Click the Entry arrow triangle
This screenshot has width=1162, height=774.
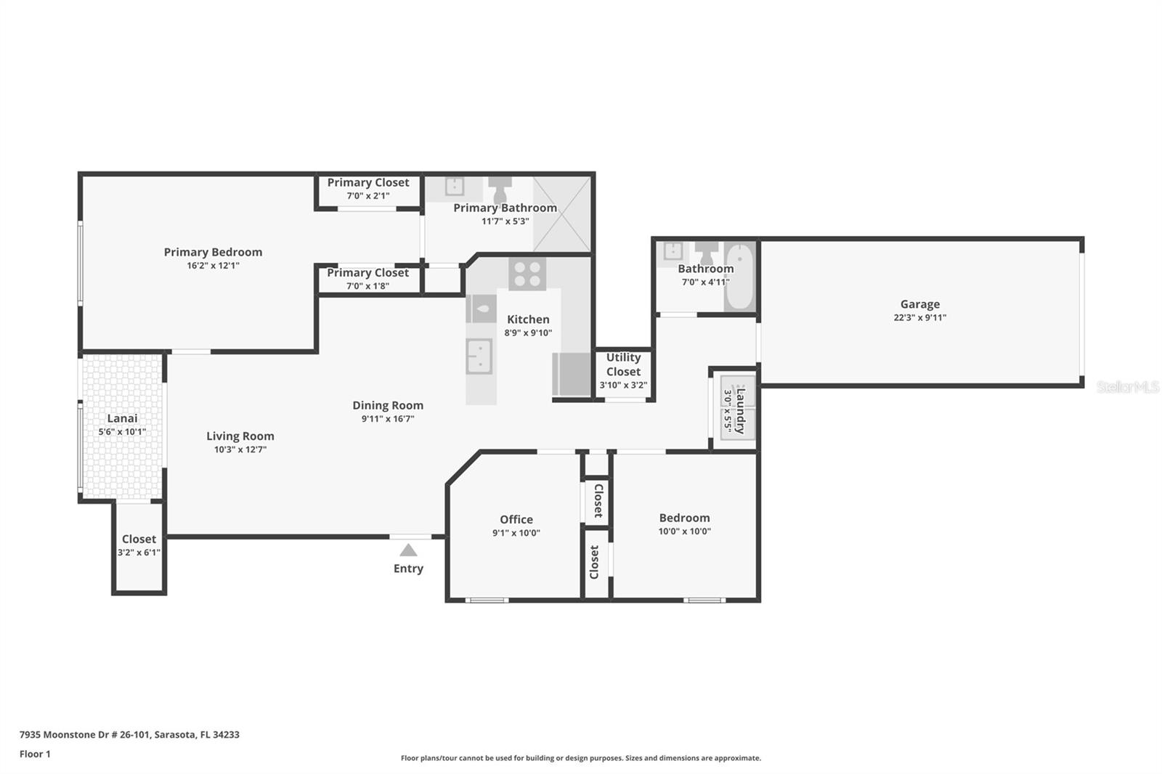[x=408, y=550]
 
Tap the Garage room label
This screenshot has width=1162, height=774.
[x=919, y=304]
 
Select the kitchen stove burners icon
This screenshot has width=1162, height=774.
[x=527, y=274]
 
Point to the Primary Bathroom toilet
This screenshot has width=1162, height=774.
[x=500, y=190]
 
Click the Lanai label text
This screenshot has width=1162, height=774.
[x=122, y=418]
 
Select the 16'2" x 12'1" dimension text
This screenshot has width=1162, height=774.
[x=213, y=266]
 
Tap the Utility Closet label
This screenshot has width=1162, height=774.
[x=623, y=364]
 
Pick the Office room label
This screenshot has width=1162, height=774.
[x=516, y=519]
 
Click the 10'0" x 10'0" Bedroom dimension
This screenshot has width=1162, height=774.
[x=684, y=531]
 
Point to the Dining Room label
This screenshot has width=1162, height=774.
[x=388, y=405]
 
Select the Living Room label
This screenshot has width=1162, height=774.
[x=240, y=436]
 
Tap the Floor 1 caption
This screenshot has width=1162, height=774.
[x=35, y=754]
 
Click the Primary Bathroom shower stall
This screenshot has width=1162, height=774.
[x=562, y=213]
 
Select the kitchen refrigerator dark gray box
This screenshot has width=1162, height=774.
[x=572, y=374]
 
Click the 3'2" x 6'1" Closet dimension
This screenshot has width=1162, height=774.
[x=139, y=553]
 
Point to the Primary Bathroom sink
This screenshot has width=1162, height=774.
[x=454, y=187]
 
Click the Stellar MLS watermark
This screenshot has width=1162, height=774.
[x=1127, y=387]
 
